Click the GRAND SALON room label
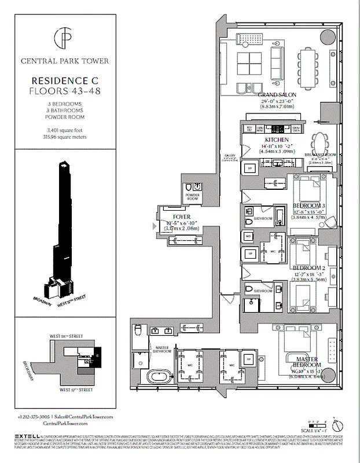point(277,94)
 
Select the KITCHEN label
point(277,140)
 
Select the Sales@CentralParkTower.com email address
point(85,417)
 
